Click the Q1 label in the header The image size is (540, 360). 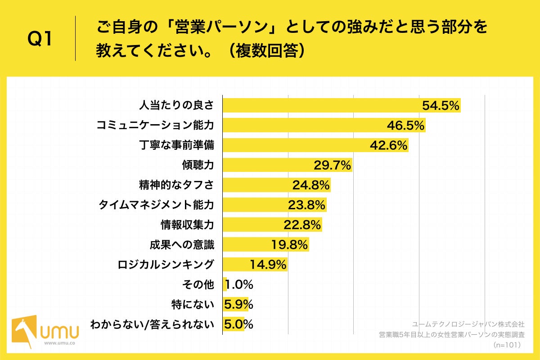[40, 40]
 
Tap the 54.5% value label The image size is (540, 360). [441, 106]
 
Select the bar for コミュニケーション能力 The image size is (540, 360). [324, 126]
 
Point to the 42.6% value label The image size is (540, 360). [389, 145]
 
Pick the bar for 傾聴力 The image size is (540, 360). [287, 165]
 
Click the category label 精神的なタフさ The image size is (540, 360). [176, 185]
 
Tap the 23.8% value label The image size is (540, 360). [306, 205]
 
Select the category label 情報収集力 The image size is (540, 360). [187, 225]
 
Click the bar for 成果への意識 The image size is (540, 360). [265, 245]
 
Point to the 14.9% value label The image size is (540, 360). [268, 265]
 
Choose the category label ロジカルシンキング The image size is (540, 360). [165, 265]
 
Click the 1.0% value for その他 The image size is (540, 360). [239, 284]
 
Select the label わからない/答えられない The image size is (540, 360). [152, 324]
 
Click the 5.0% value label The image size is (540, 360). [238, 324]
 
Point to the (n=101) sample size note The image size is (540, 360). [507, 345]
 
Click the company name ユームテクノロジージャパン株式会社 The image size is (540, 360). [468, 324]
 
